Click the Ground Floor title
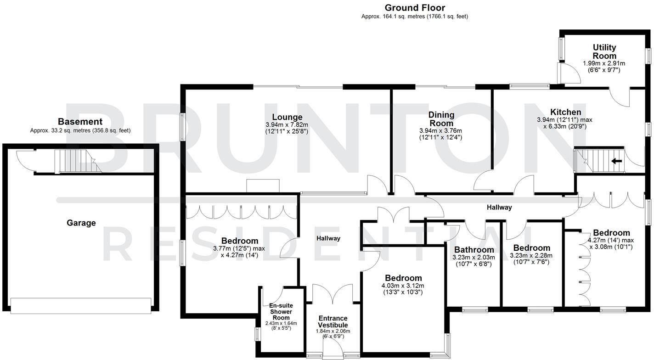point(414,8)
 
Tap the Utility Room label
point(604,51)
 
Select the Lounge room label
point(287,117)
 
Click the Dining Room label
point(441,119)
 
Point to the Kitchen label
point(565,112)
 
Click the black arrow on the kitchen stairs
point(616,161)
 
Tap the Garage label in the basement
point(81,223)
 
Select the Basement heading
point(80,122)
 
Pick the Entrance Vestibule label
point(333,321)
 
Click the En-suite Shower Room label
point(281,311)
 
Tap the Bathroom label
point(474,250)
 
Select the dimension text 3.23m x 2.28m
point(531,256)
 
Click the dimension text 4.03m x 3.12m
point(403,286)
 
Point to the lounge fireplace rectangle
point(263,186)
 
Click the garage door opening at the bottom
point(80,305)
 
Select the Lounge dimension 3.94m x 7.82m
point(287,125)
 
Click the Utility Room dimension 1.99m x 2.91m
point(604,63)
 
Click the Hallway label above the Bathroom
point(499,208)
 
